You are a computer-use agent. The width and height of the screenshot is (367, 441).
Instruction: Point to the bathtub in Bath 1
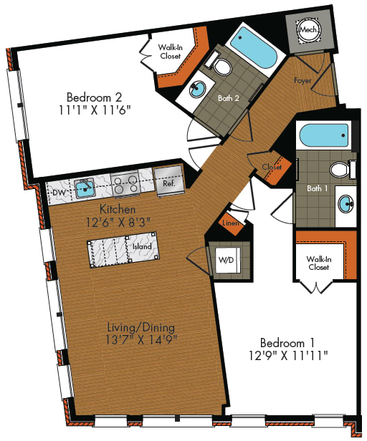[323, 135]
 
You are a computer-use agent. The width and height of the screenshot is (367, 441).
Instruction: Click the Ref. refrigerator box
[169, 183]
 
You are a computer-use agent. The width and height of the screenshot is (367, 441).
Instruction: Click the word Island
[142, 246]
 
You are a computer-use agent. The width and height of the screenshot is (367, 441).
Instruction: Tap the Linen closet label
[230, 223]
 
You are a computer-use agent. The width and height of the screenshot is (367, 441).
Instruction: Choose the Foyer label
[302, 81]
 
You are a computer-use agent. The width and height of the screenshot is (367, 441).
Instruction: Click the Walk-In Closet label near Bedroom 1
[318, 263]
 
